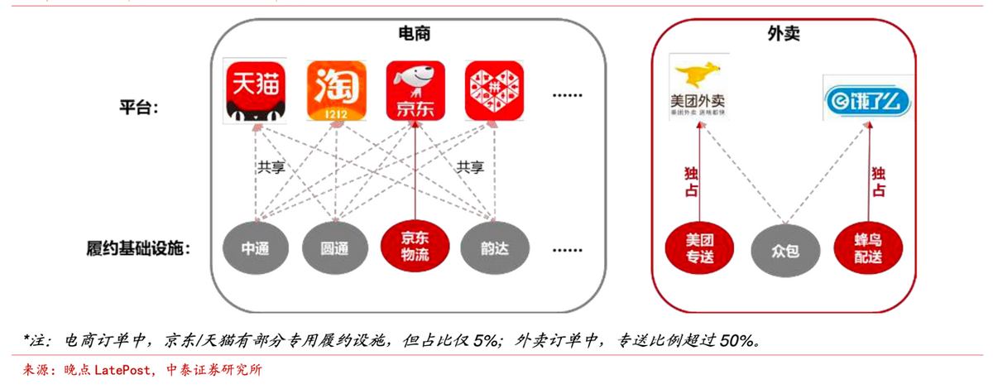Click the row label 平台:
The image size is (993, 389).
click(x=140, y=108)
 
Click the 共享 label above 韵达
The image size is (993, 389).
click(x=470, y=167)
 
